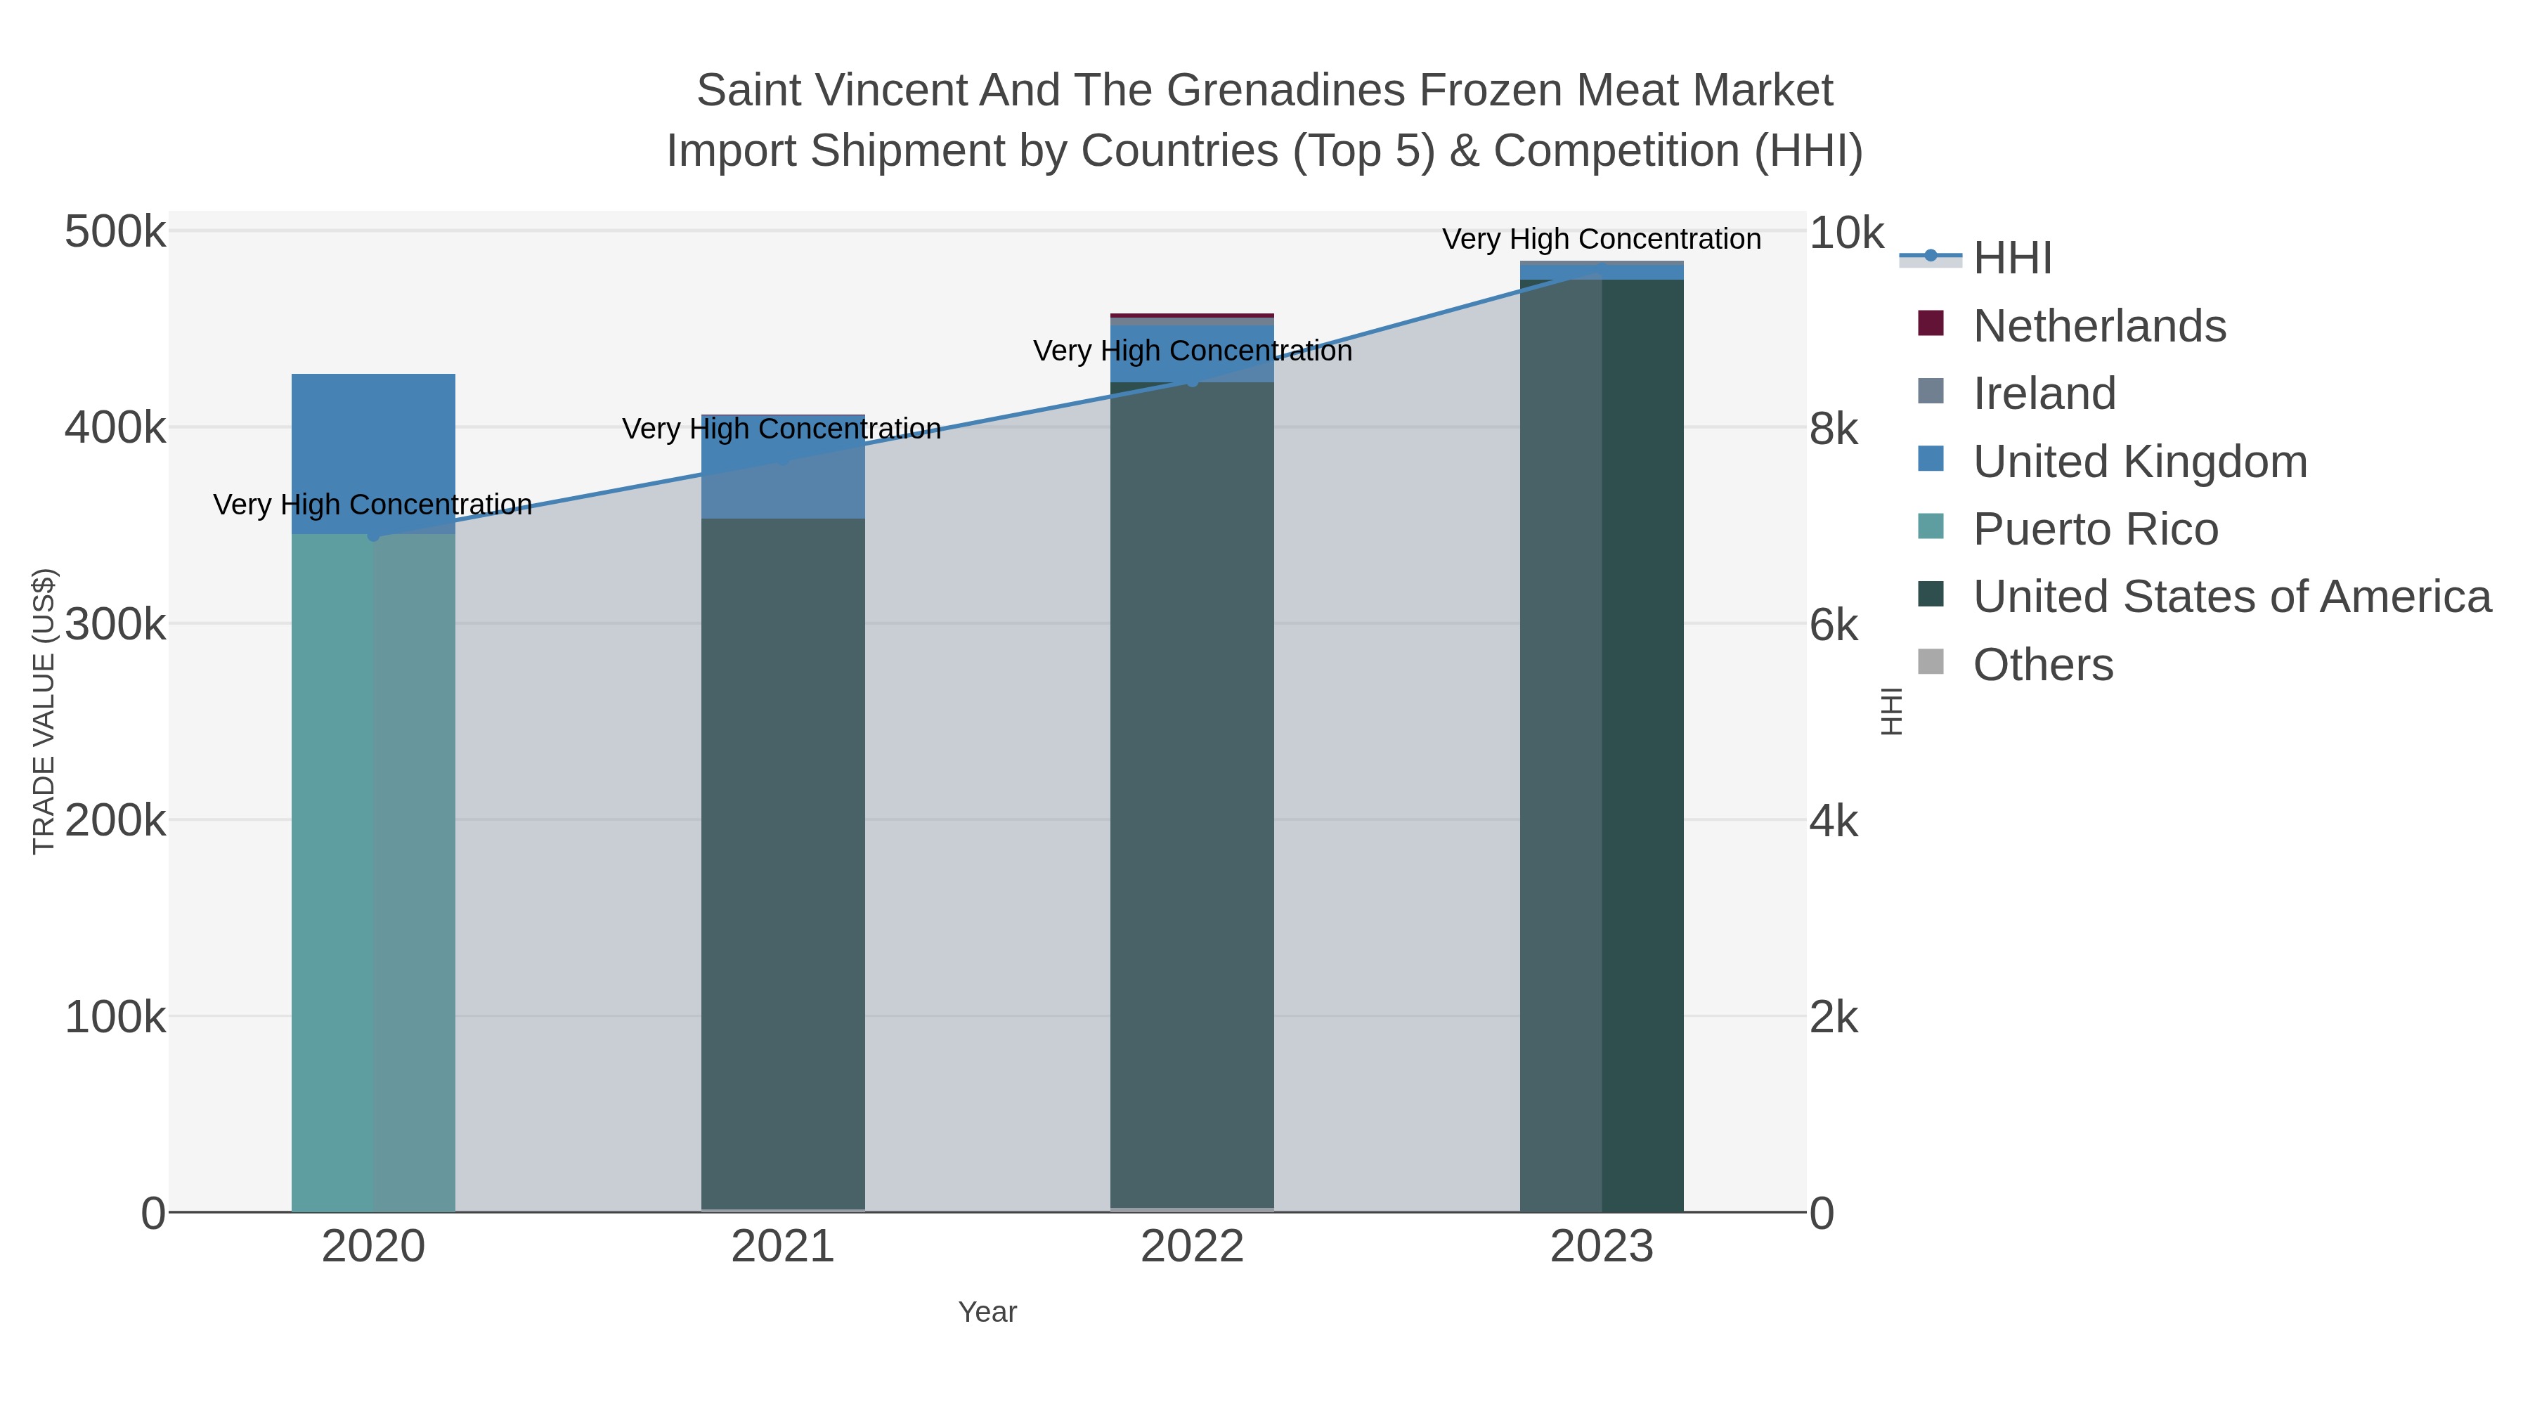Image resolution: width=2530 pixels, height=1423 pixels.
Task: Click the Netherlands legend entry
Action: (x=2098, y=326)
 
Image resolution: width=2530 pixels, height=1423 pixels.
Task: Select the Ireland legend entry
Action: (x=2044, y=394)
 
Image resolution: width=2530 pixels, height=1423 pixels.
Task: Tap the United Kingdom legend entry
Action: (x=2139, y=462)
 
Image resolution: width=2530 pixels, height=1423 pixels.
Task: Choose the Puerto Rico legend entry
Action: (x=2095, y=529)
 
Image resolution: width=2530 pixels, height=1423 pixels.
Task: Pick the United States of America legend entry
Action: (x=2231, y=597)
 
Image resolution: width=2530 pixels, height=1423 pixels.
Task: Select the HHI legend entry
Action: (x=2011, y=259)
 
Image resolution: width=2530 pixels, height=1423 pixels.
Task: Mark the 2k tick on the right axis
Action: (x=1834, y=1018)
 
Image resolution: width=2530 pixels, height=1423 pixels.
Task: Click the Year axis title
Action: (x=987, y=1312)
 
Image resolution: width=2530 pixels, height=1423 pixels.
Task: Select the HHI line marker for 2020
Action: (x=373, y=535)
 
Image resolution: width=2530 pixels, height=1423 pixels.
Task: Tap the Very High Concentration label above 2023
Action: (x=1601, y=240)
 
